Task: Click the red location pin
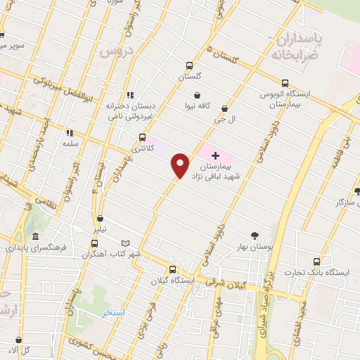181,165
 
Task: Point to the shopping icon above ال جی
224,109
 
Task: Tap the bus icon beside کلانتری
143,137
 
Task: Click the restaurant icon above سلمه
69,132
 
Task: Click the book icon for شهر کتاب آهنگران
127,243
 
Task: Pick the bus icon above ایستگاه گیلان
172,269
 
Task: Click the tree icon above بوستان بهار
255,237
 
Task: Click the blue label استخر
112,311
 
